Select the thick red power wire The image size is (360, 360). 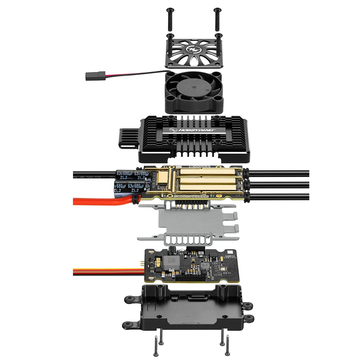click(94, 201)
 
